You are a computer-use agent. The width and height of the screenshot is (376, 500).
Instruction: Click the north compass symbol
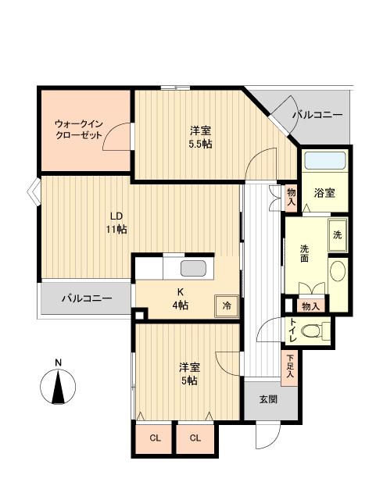[58, 387]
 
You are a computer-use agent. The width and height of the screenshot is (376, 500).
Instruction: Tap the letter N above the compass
[58, 362]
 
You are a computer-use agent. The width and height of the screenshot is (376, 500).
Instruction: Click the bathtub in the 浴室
[325, 162]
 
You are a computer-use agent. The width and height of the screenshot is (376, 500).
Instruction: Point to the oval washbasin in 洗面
[338, 271]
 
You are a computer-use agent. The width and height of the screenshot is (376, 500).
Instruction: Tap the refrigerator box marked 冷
[227, 305]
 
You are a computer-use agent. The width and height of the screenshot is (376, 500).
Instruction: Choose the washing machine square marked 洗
[337, 235]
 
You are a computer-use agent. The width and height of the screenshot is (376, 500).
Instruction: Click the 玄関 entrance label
[267, 398]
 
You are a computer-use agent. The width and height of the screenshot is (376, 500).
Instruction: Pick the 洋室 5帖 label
[187, 373]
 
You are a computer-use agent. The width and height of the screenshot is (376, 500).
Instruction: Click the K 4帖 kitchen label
[180, 298]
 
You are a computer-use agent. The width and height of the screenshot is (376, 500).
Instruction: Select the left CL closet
[155, 438]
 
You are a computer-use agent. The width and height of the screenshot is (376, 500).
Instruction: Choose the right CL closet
[195, 438]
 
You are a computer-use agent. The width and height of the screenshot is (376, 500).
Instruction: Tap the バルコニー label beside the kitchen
[86, 298]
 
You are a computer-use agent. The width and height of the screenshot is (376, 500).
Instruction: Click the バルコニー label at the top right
[317, 115]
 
